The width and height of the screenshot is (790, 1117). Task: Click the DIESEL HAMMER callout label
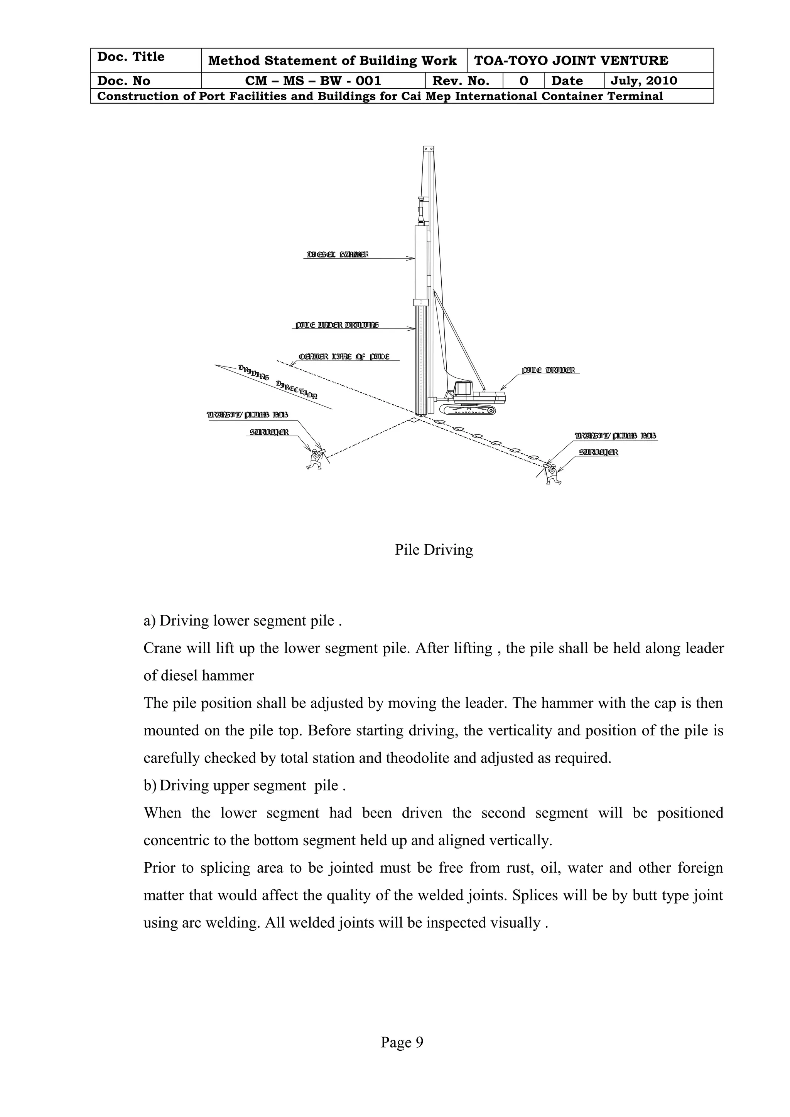point(337,254)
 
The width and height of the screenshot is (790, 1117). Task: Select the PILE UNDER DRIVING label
point(337,325)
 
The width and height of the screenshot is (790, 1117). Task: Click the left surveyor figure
point(315,458)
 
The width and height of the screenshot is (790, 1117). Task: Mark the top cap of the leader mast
point(428,149)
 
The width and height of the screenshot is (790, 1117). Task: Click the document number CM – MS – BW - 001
point(313,81)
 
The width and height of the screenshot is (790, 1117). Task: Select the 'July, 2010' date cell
point(643,81)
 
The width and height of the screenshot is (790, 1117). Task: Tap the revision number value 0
point(523,81)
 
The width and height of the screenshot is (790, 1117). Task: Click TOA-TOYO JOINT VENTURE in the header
point(571,61)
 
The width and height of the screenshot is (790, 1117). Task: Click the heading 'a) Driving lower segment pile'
point(242,621)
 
